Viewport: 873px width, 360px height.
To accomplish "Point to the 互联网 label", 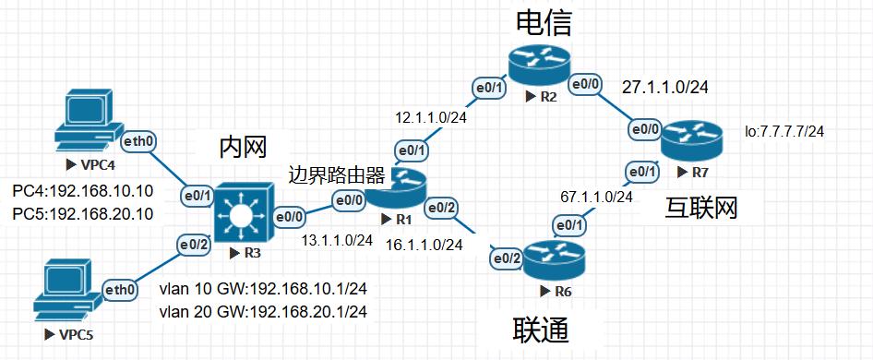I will point(701,208).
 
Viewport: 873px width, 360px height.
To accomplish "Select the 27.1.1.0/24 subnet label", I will point(664,88).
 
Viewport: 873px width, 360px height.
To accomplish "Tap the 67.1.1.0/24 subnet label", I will point(596,197).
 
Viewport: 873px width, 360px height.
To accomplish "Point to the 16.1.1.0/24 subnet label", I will point(425,245).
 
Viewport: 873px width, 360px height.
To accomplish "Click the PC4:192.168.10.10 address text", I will point(82,193).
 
